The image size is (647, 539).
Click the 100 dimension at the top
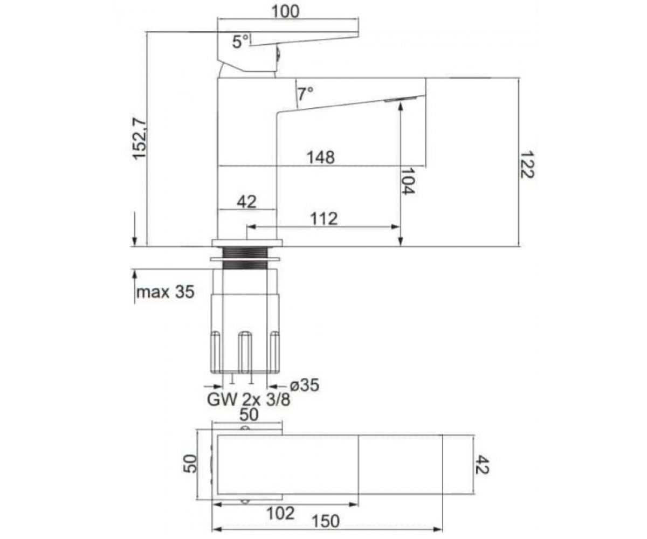click(285, 11)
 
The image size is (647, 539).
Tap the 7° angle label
click(305, 94)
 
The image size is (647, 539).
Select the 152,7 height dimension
click(140, 139)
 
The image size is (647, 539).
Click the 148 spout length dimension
click(321, 157)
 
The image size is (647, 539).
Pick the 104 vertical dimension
click(408, 181)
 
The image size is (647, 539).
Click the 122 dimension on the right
click(526, 164)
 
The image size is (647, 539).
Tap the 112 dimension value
click(324, 219)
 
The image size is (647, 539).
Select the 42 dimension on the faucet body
click(246, 202)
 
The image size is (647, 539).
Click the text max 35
click(166, 292)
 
